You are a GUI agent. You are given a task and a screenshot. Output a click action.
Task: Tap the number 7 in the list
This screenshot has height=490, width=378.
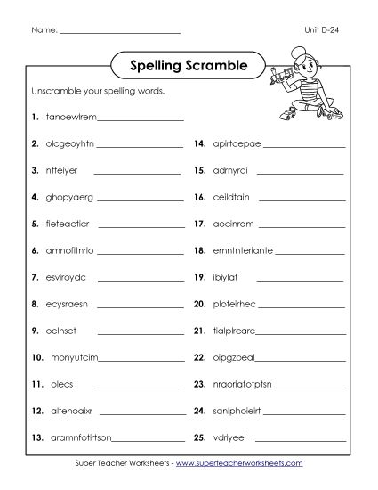[x=34, y=277]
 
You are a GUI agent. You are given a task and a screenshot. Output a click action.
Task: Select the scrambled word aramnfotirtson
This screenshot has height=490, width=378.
[x=79, y=439]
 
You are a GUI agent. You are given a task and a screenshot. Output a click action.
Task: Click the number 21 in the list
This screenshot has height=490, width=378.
[x=199, y=331]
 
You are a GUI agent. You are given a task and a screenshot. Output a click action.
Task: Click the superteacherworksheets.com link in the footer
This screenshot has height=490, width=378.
[x=237, y=464]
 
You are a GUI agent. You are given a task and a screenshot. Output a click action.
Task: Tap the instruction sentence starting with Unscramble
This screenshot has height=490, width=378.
[x=99, y=92]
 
